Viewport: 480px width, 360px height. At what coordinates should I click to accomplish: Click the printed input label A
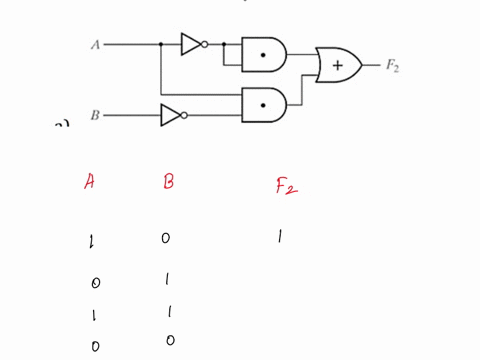(95, 44)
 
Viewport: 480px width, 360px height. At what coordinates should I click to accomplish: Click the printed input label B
(95, 115)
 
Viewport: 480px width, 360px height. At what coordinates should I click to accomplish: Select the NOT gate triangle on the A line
(191, 44)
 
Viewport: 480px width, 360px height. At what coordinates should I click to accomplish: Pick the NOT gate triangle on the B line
(171, 115)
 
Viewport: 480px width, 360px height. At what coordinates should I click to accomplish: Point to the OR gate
(338, 65)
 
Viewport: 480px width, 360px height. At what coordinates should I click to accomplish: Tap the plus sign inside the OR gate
(338, 66)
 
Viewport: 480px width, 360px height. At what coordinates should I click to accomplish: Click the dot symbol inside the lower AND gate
(263, 103)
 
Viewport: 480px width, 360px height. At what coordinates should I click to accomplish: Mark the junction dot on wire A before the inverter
(160, 44)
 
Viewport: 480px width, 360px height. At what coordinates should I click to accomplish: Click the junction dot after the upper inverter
(223, 44)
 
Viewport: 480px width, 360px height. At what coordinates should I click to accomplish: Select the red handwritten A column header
(90, 182)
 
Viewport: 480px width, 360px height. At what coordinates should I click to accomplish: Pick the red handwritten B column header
(168, 182)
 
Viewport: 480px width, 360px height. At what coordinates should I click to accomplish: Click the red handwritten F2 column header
(285, 185)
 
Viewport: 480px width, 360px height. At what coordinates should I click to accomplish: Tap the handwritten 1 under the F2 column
(280, 238)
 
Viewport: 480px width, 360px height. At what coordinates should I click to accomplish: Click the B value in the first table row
(166, 238)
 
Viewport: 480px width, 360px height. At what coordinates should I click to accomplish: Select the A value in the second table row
(95, 282)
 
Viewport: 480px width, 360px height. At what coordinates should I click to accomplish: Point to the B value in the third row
(167, 313)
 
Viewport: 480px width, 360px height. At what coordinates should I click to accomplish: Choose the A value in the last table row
(95, 346)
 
